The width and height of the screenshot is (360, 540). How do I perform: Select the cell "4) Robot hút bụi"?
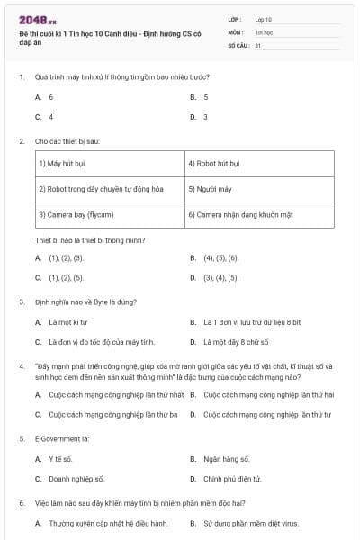tap(214, 164)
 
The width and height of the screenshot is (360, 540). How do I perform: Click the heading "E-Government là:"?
tap(60, 437)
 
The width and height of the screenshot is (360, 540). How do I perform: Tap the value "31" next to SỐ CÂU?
tap(258, 44)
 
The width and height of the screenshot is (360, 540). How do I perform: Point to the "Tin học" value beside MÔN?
tap(263, 31)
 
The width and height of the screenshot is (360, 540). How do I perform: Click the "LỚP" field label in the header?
tap(236, 18)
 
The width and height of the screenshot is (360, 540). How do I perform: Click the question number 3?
tap(22, 301)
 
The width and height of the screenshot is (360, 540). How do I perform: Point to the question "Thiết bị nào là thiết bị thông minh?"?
tap(90, 240)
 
